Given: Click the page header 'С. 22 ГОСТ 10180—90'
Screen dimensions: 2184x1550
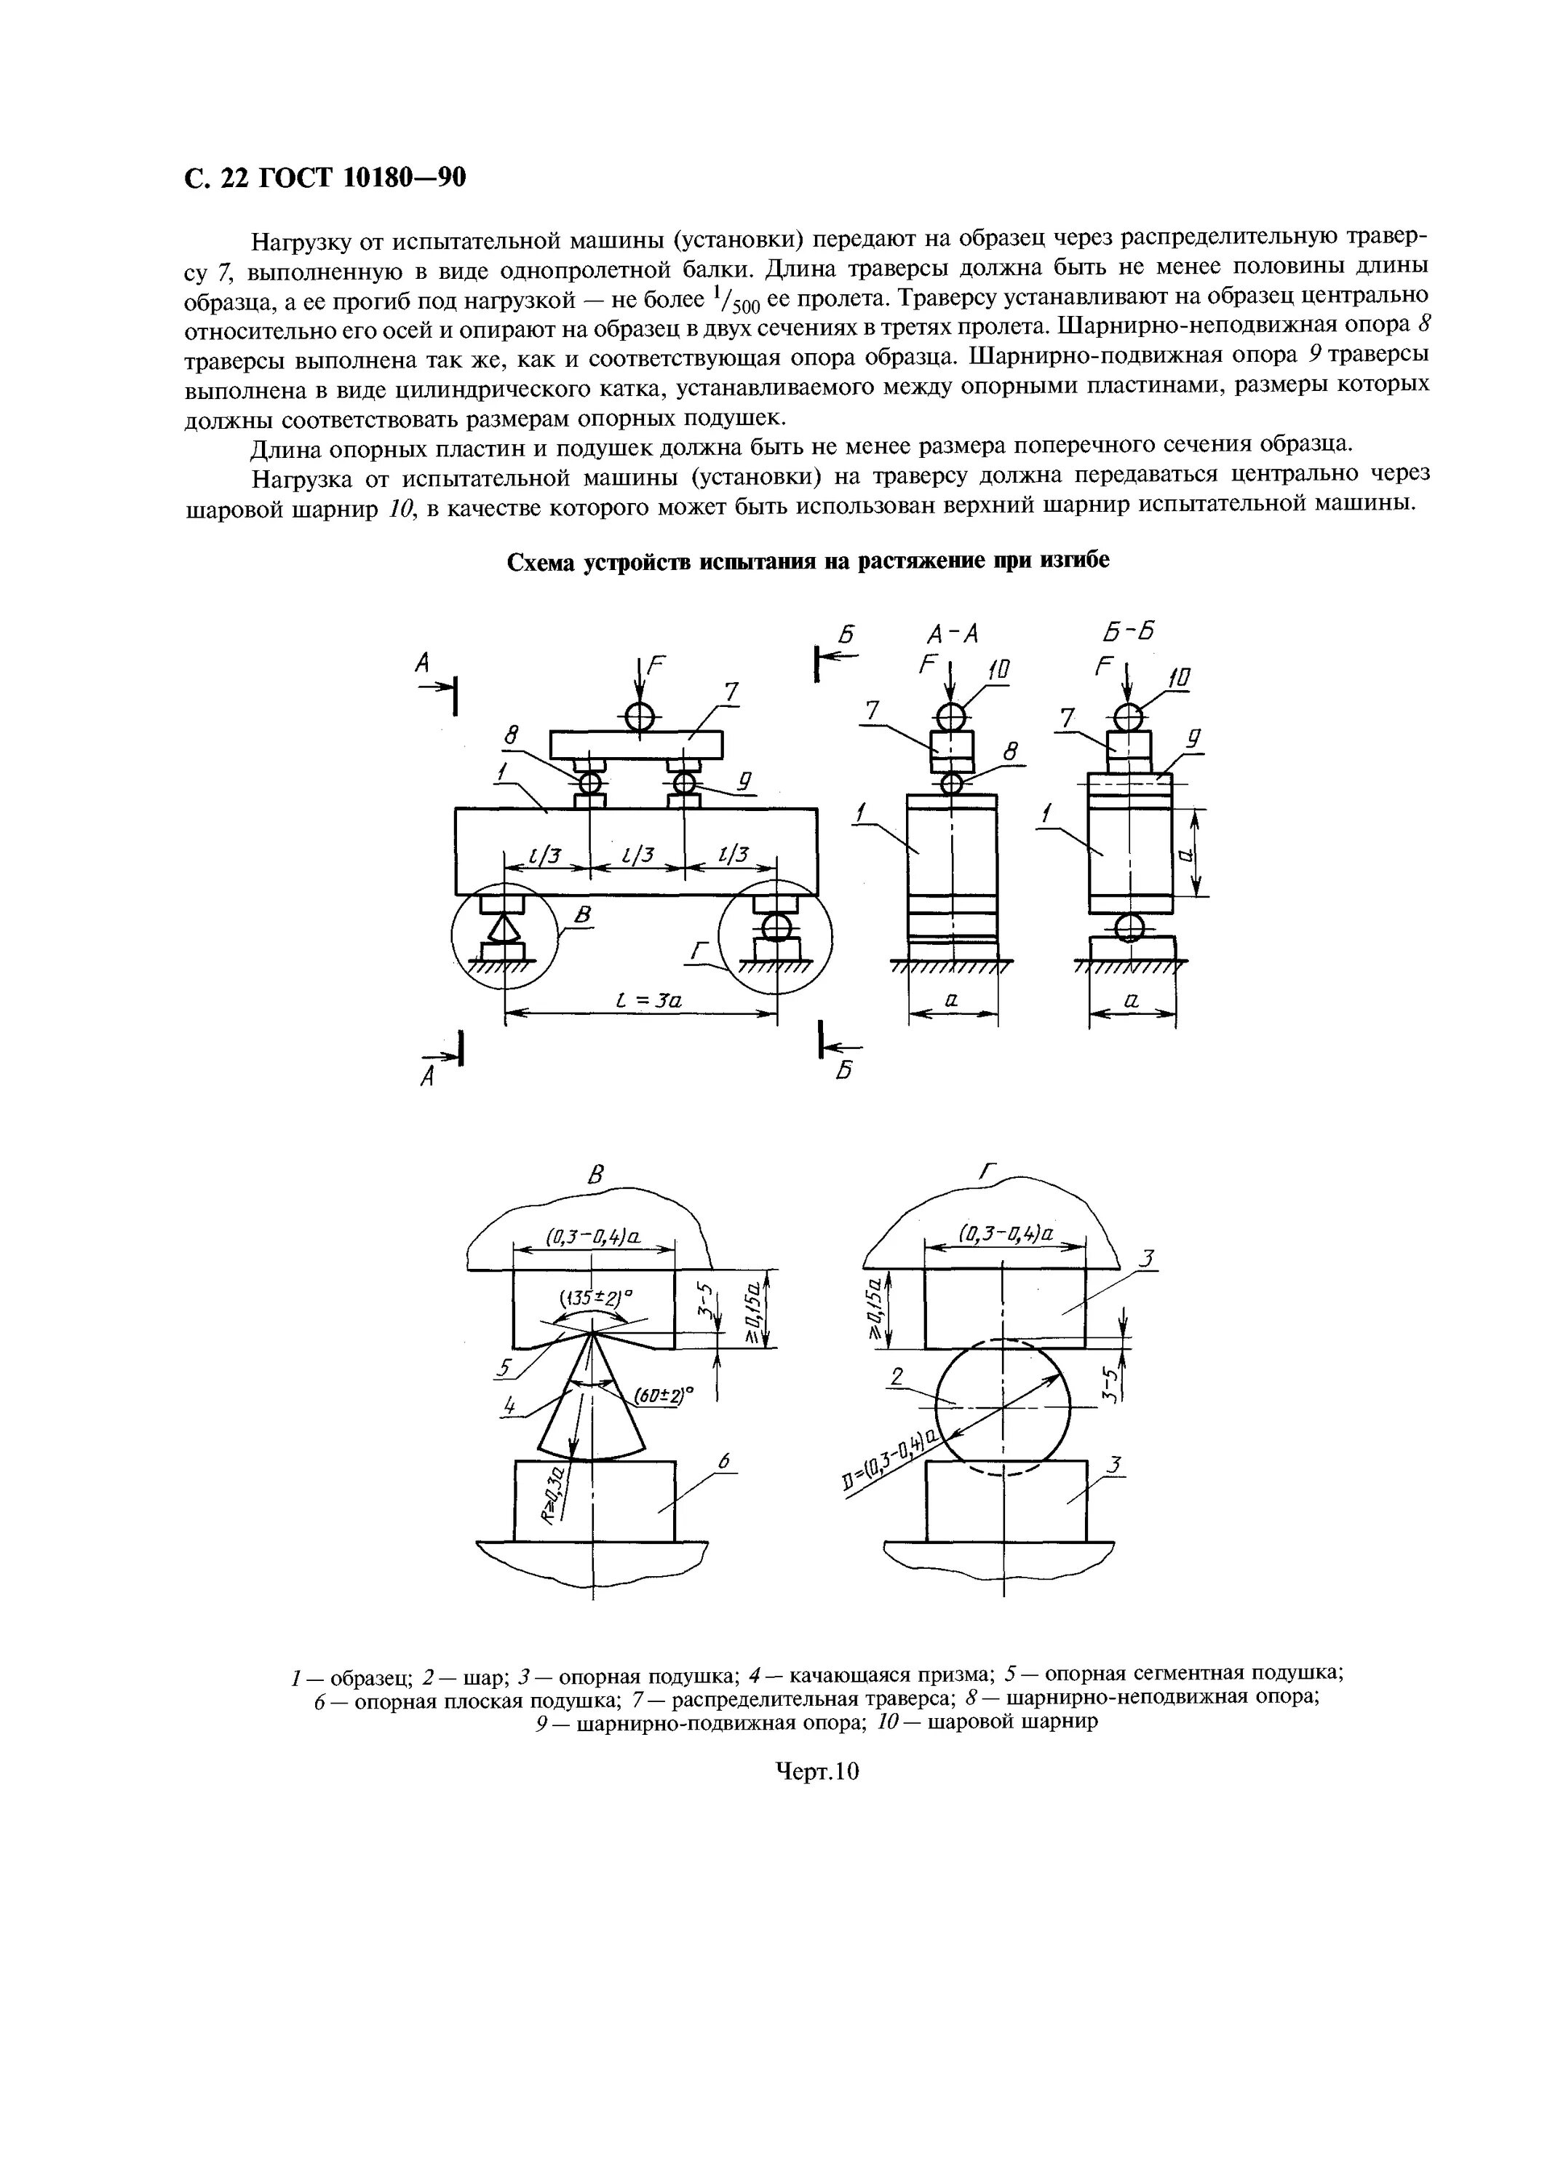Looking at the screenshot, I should click(325, 178).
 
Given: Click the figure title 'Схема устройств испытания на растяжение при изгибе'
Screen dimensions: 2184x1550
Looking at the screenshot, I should click(808, 561).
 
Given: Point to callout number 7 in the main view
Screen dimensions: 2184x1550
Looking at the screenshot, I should click(731, 692).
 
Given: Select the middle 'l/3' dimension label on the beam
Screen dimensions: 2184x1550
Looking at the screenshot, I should click(637, 855).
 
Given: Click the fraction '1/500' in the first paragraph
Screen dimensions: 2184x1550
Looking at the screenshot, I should click(736, 301).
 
